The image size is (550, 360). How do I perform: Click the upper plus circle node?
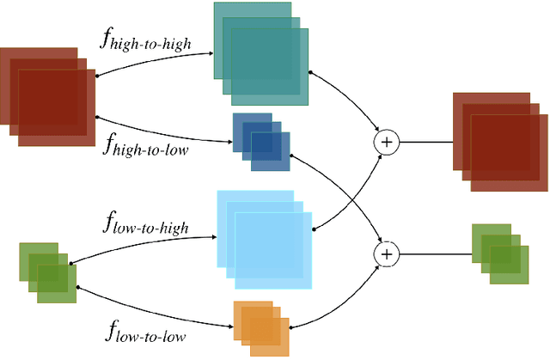pyautogui.click(x=387, y=143)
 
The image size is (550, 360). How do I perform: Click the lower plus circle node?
pyautogui.click(x=387, y=253)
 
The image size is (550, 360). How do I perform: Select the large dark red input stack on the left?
pyautogui.click(x=48, y=95)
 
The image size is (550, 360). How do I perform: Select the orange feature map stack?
pyautogui.click(x=261, y=327)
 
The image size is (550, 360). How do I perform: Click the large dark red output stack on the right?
pyautogui.click(x=499, y=137)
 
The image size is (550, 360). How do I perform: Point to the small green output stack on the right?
pyautogui.click(x=499, y=253)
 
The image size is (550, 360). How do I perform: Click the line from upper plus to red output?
pyautogui.click(x=425, y=143)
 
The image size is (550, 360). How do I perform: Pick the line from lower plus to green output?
pyautogui.click(x=434, y=253)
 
